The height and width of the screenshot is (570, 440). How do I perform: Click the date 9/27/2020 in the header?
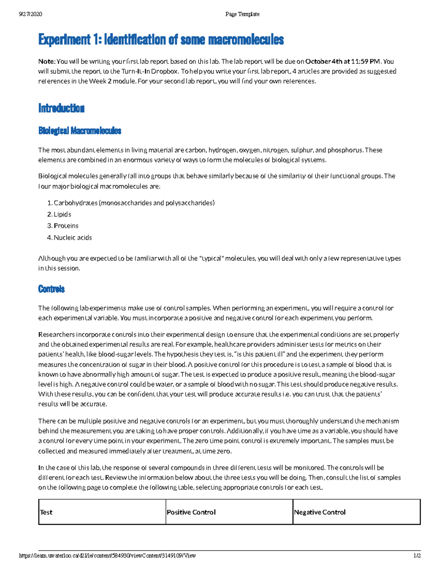click(30, 14)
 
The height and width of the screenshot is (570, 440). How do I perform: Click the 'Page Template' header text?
click(242, 14)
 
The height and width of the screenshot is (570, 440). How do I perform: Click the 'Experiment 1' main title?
click(161, 40)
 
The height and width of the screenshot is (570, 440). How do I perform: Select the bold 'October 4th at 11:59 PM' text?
click(343, 61)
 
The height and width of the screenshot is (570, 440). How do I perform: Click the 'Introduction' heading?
click(61, 108)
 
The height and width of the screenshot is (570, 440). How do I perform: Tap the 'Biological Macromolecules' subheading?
click(80, 131)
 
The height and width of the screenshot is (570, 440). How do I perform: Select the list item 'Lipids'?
click(62, 214)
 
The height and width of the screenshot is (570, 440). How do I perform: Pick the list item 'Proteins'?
click(66, 226)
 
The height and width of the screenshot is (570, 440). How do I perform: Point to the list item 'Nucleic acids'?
click(73, 237)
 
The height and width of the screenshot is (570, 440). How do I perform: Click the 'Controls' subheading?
click(51, 289)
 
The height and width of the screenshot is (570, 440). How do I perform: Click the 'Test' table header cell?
click(46, 512)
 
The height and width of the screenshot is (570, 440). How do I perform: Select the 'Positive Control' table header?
click(191, 512)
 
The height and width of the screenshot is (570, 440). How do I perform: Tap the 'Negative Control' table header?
click(320, 512)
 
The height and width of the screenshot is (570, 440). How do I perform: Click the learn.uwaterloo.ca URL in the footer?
click(107, 555)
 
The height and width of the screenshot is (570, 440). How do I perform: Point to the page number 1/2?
click(417, 555)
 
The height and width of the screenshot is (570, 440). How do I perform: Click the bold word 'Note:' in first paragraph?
click(47, 61)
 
